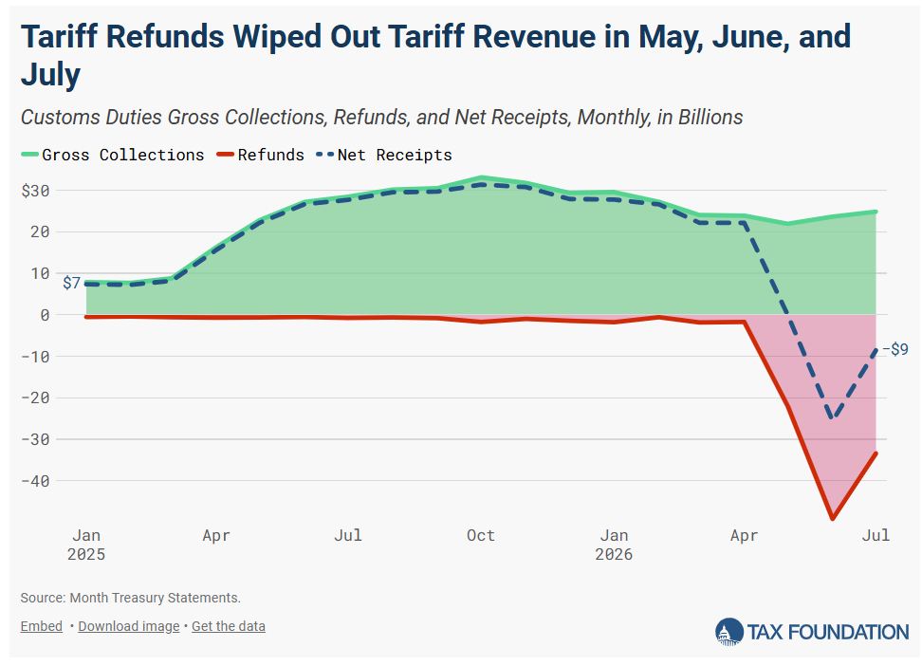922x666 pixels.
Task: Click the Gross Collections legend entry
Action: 112,155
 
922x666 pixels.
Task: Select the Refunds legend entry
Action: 261,155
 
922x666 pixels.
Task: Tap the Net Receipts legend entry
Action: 384,155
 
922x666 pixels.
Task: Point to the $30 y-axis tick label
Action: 35,191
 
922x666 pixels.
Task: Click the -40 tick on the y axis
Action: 35,481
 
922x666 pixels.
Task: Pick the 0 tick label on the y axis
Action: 45,315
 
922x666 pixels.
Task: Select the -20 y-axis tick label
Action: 35,398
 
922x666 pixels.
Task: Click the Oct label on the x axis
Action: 480,535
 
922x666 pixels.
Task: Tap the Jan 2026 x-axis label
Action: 614,545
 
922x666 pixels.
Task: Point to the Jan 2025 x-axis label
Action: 86,545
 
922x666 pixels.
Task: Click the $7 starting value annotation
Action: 71,283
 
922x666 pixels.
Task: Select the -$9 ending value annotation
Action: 894,349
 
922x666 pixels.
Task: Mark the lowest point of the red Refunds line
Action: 832,518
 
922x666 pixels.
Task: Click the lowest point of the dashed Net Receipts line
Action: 832,417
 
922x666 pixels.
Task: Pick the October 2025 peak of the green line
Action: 482,177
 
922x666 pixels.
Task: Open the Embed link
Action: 41,626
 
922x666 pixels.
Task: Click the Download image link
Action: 129,626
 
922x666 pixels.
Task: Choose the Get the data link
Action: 229,626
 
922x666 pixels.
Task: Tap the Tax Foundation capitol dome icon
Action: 729,632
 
